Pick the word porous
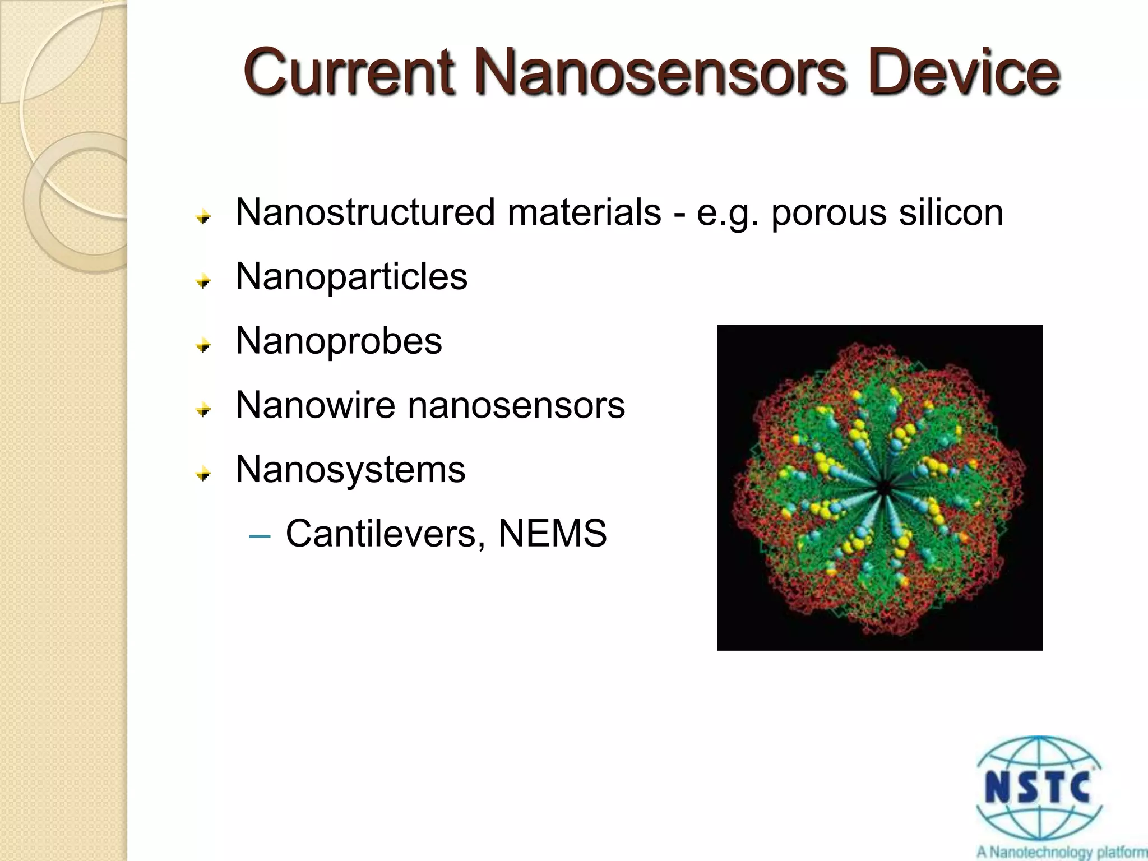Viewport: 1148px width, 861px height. point(829,213)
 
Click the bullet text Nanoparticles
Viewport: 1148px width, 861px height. point(351,276)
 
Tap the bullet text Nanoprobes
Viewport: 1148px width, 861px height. point(339,341)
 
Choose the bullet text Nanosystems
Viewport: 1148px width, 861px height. point(350,469)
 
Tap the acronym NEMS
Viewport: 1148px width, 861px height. point(552,533)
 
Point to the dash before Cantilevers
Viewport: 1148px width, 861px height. point(259,536)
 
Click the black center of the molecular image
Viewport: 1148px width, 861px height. point(883,488)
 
